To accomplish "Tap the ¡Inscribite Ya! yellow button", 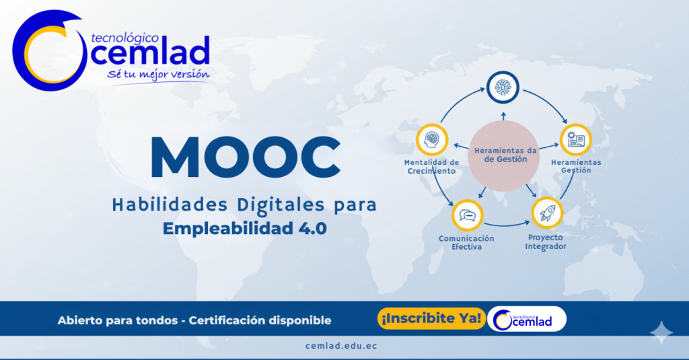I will pos(431,319).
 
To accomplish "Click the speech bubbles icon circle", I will pos(468,216).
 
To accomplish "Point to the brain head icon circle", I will pos(432,140).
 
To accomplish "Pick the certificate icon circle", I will pos(576,140).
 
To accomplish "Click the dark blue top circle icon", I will pos(503,87).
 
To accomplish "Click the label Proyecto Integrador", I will pos(546,242).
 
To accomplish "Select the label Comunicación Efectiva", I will pos(466,243).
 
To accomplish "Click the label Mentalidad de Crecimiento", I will pos(431,167).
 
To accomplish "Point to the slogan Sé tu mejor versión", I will pos(158,74).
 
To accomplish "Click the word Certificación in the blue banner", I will pos(223,320).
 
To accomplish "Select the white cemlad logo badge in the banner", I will pos(528,320).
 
